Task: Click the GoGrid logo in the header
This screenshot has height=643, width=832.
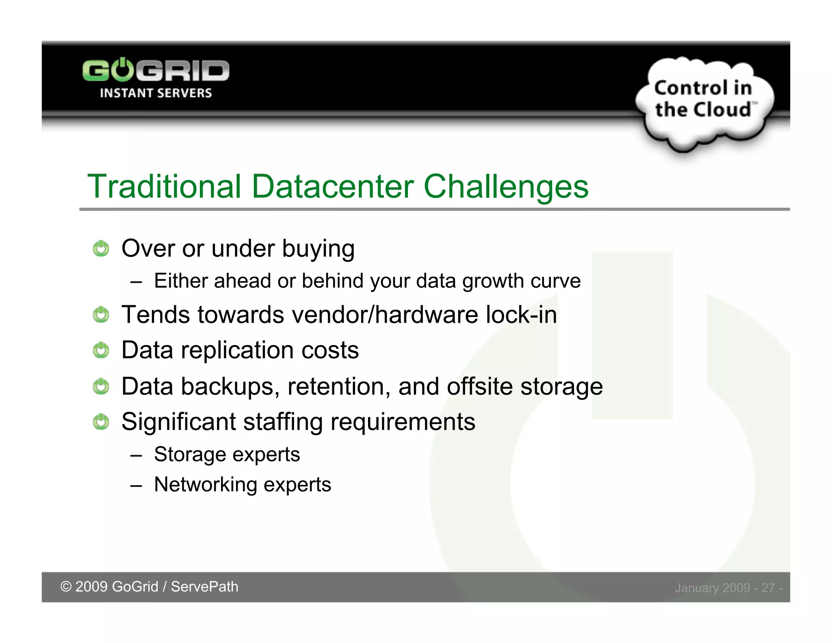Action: click(156, 71)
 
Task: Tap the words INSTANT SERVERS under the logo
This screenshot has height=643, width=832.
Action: click(156, 93)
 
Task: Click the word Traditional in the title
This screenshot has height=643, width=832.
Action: click(165, 187)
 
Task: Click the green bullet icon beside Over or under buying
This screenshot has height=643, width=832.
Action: click(101, 249)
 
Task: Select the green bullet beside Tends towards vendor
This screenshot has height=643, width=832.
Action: click(101, 315)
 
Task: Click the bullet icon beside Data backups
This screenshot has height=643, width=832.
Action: click(101, 387)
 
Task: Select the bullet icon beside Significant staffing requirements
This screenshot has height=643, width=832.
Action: click(101, 422)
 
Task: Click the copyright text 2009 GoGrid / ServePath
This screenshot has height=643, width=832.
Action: click(149, 587)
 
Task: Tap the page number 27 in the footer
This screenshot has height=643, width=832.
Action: click(768, 588)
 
